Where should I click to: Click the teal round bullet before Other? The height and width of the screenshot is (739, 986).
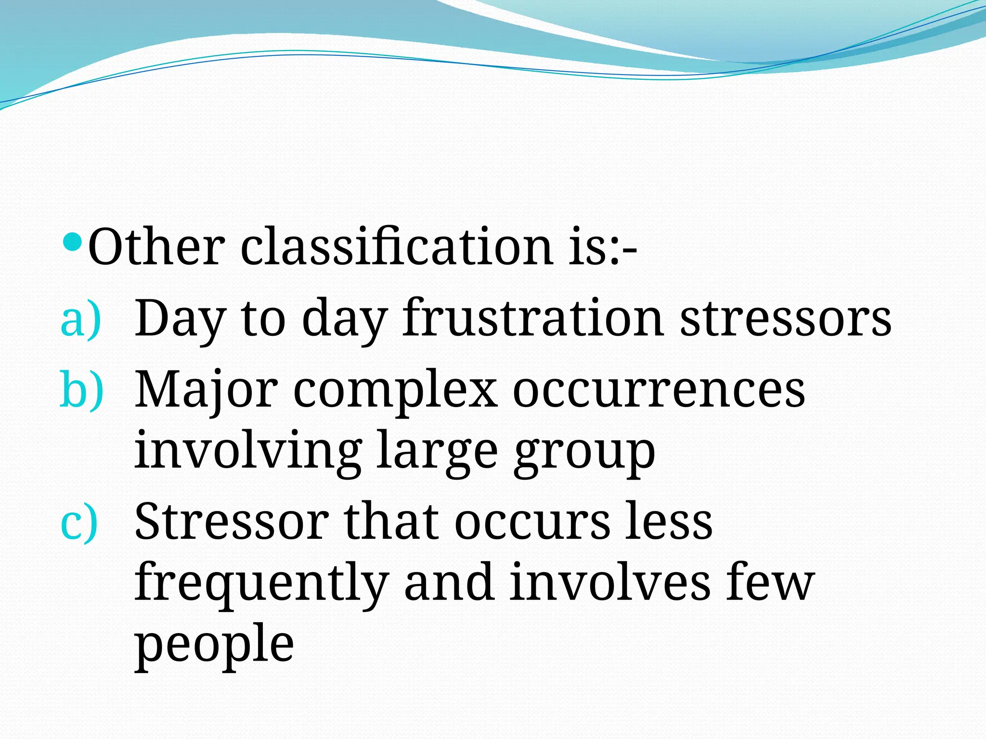pos(74,242)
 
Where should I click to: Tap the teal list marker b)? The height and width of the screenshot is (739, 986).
pos(81,391)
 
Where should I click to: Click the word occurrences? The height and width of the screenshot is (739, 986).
pos(659,391)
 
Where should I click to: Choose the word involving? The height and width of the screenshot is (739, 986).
pos(248,452)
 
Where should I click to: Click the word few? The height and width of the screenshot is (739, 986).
pos(770,583)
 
